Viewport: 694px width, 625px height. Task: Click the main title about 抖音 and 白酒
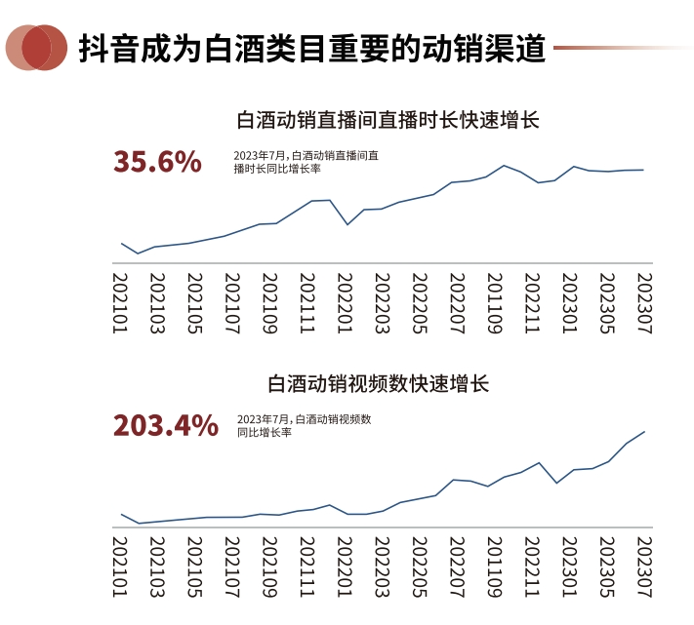[x=311, y=47]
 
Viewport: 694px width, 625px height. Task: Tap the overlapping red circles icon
[x=36, y=47]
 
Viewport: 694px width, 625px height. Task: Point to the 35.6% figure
[x=157, y=161]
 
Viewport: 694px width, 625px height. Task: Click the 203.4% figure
[x=166, y=425]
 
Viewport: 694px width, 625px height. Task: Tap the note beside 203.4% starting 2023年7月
[x=304, y=425]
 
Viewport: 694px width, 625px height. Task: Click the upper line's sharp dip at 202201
[x=347, y=224]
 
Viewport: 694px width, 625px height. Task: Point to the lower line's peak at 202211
[x=538, y=462]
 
